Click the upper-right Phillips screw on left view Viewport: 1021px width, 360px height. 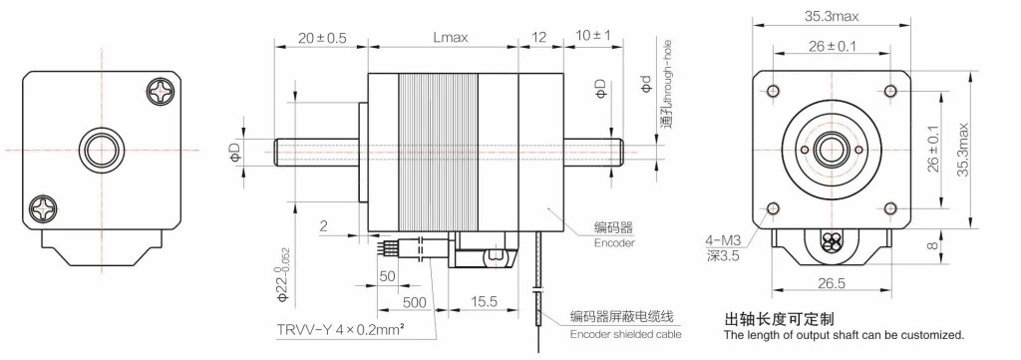point(161,91)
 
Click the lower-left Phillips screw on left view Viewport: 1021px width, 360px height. point(43,208)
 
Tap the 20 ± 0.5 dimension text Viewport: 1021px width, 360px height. point(322,37)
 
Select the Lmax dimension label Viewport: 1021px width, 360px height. point(451,37)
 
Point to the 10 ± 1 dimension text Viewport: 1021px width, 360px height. point(594,36)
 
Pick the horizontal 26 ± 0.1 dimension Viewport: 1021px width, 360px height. point(833,46)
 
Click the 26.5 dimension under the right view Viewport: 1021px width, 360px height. point(832,283)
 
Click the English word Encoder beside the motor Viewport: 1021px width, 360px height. point(614,242)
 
